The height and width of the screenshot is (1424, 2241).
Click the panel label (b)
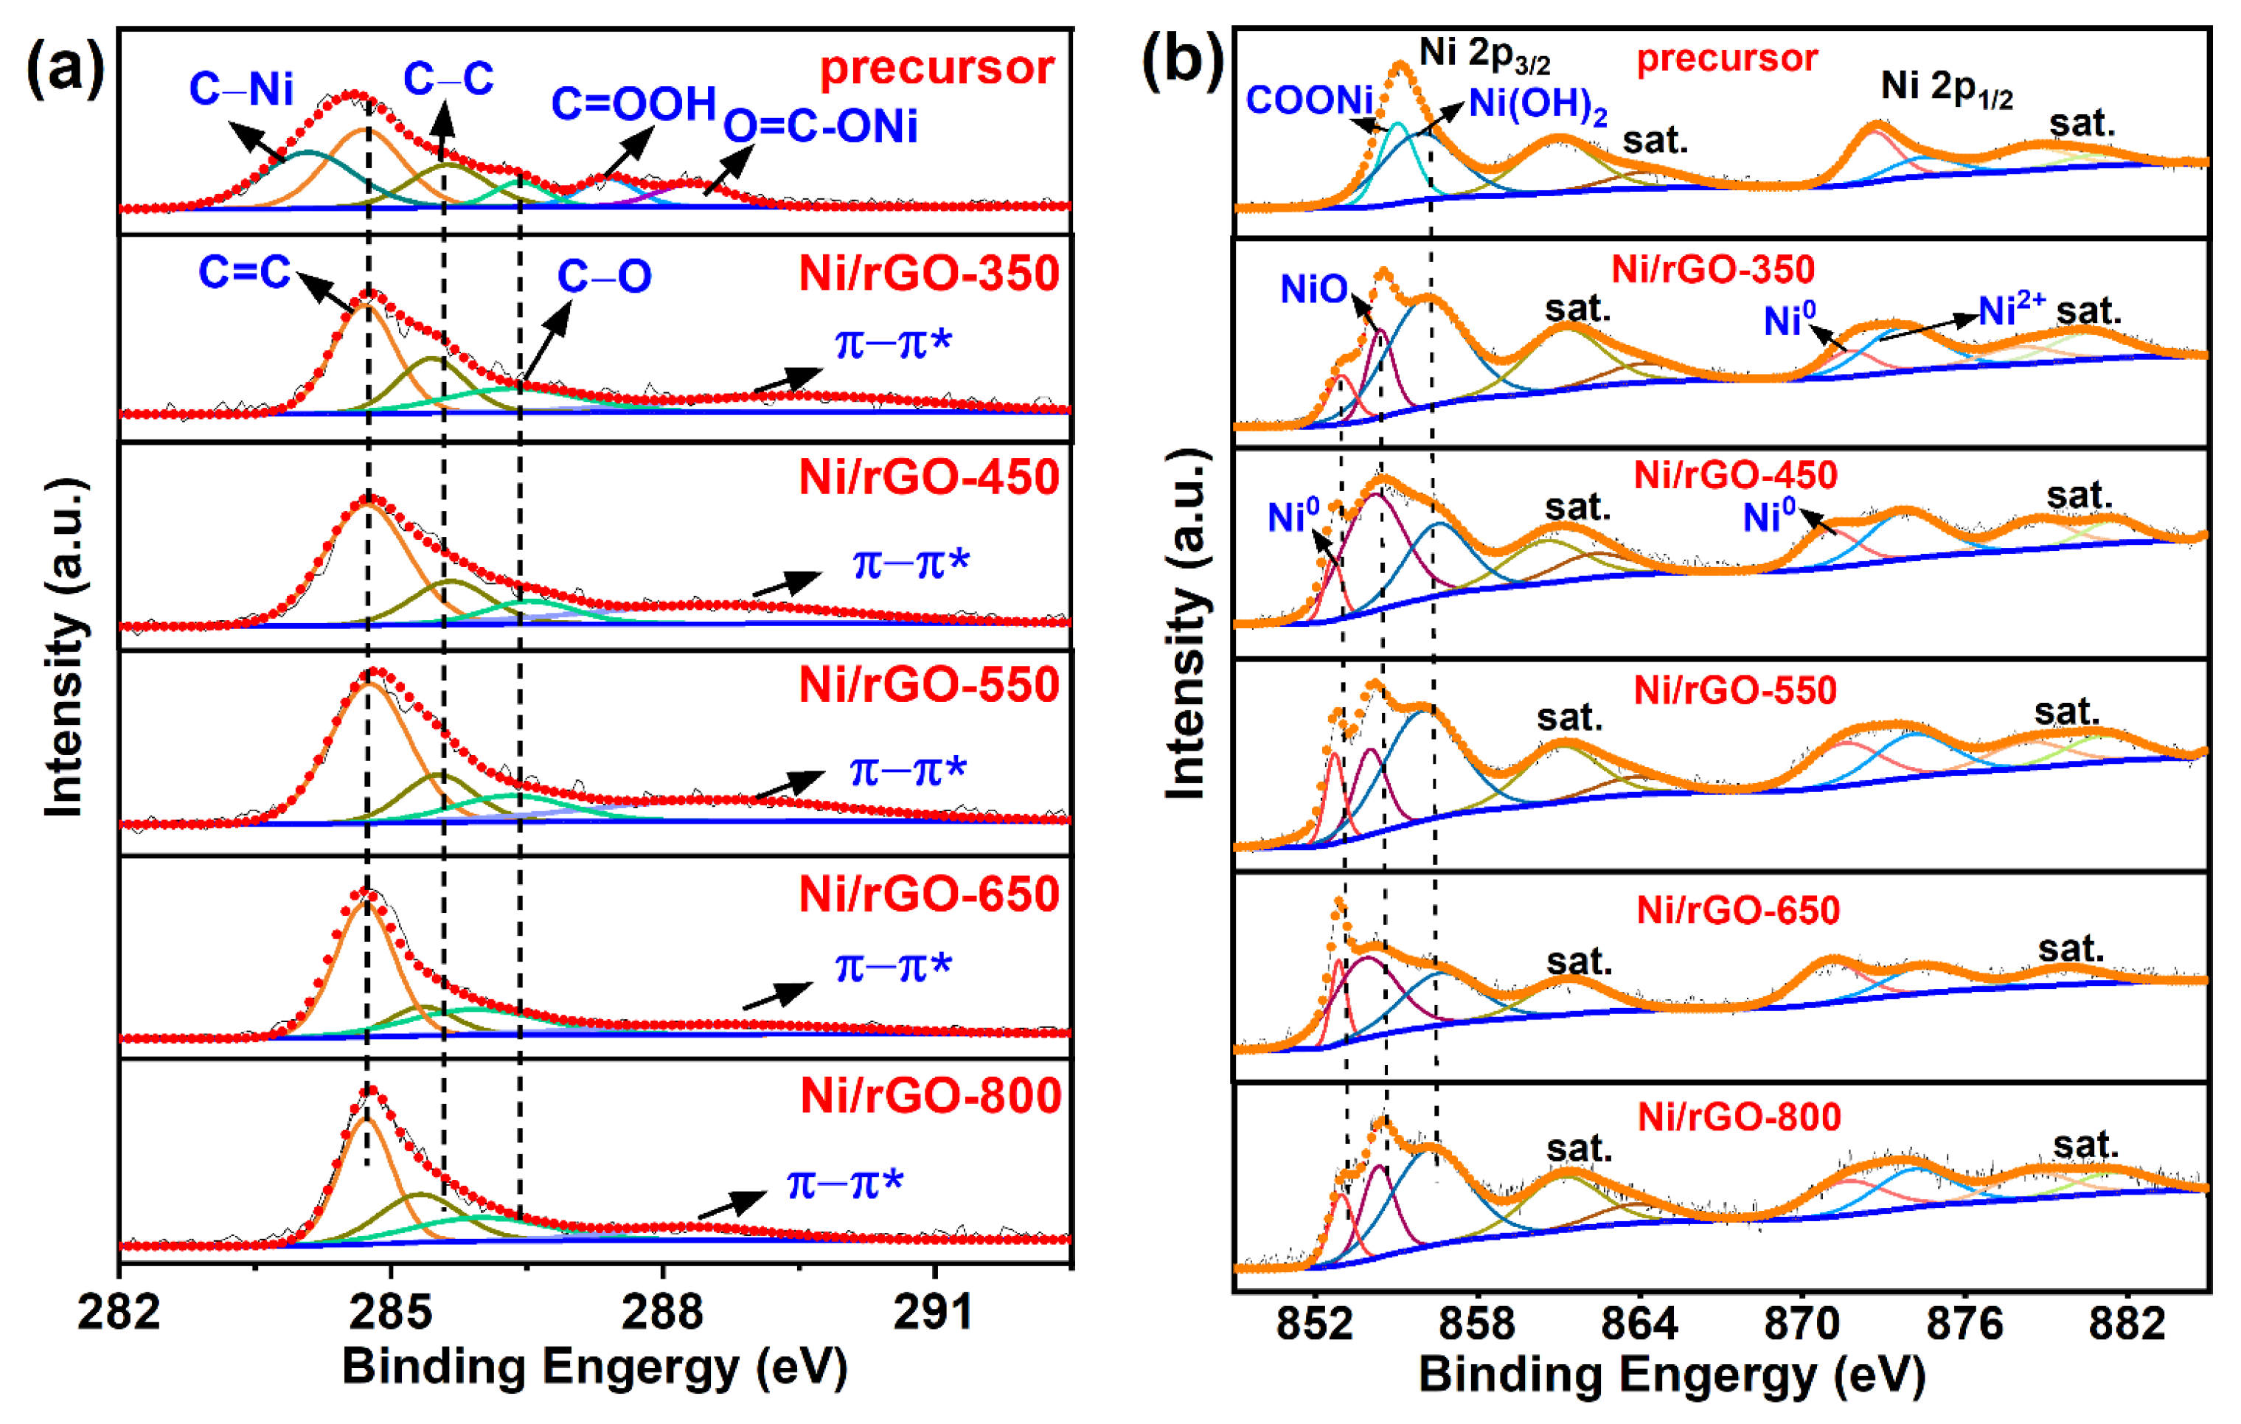(1182, 61)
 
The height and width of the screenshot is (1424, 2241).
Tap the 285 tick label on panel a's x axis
(391, 1313)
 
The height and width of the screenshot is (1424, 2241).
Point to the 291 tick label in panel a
(934, 1313)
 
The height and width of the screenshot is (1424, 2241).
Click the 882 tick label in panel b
(2127, 1322)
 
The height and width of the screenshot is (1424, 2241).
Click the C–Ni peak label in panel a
(241, 90)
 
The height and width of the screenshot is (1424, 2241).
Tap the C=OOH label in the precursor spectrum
(633, 103)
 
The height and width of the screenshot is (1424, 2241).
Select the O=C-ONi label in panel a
(820, 127)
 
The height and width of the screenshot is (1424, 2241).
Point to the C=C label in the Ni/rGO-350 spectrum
(245, 273)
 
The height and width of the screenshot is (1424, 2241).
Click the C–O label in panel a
(604, 277)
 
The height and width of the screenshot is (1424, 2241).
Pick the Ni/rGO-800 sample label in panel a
(930, 1095)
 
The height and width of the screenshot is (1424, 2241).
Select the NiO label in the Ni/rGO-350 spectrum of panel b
(1313, 290)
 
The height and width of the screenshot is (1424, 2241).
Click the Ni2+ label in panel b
(2011, 310)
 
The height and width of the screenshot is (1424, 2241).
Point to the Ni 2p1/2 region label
(1946, 88)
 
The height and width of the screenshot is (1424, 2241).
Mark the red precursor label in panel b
(1726, 59)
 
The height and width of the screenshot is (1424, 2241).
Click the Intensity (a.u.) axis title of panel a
(65, 647)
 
